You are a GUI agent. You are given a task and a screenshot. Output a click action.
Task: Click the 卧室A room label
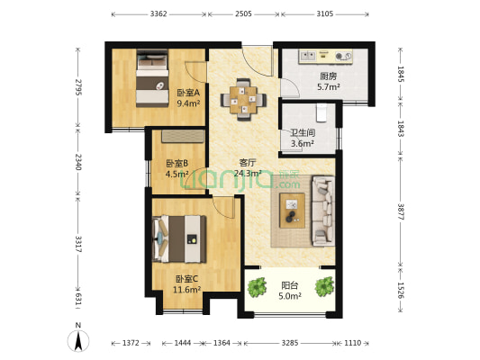[188, 93]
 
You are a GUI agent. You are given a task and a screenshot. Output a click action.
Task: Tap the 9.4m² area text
[188, 103]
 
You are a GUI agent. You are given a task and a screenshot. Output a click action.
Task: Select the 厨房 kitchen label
[328, 76]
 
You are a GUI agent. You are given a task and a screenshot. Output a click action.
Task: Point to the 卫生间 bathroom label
[303, 132]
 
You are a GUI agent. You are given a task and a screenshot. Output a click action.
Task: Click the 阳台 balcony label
[290, 285]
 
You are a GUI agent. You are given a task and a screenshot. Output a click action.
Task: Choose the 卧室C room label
[186, 279]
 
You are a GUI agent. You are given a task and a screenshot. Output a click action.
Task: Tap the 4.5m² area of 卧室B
[177, 174]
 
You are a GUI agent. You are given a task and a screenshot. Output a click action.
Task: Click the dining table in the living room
[243, 100]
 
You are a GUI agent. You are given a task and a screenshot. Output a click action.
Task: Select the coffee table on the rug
[293, 211]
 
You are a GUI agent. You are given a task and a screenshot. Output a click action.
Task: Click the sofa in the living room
[323, 211]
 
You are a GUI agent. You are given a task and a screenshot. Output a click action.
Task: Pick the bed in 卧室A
[152, 78]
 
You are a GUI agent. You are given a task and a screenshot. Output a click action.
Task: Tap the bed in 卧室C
[179, 238]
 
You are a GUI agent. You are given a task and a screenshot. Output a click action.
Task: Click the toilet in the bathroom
[322, 112]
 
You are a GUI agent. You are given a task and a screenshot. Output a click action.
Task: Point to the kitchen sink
[308, 56]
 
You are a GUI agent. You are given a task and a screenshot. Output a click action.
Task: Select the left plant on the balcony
[258, 287]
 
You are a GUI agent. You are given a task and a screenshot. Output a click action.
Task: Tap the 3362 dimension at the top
[158, 13]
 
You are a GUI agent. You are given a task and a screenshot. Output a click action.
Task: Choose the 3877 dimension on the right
[401, 211]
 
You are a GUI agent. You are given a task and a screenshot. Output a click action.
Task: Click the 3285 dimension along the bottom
[290, 343]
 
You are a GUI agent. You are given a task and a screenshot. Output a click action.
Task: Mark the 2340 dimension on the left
[78, 162]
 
